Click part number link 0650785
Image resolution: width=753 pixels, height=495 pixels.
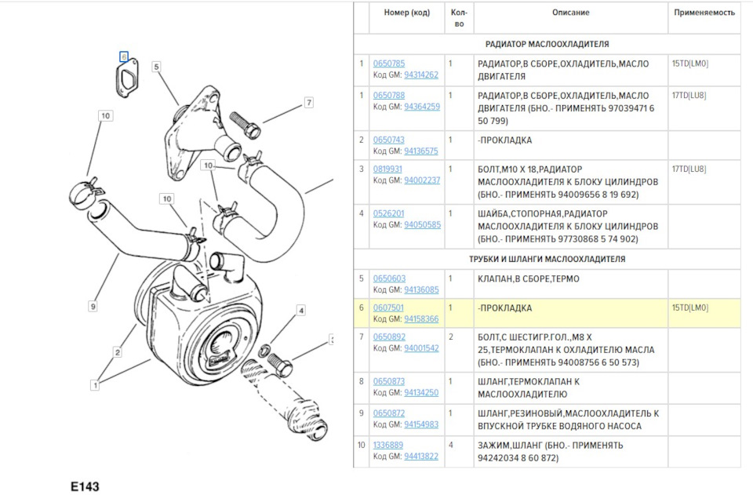click(x=389, y=64)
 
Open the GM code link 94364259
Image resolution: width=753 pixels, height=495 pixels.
click(x=422, y=107)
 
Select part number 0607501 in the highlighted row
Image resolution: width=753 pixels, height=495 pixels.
click(x=388, y=308)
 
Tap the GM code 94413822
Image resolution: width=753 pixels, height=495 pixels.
click(x=421, y=456)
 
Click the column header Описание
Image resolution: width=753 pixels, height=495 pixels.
click(x=570, y=13)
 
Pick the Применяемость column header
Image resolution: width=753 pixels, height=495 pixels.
click(x=704, y=13)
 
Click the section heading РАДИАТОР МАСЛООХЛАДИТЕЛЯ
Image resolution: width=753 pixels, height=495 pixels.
click(x=547, y=44)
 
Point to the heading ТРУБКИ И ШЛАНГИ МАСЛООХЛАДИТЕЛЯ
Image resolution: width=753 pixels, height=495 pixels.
click(x=547, y=259)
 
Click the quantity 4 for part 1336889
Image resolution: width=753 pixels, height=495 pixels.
click(x=450, y=445)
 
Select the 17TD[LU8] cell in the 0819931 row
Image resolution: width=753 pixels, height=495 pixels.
click(x=689, y=169)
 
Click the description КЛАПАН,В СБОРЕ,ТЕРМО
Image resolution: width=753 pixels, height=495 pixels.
click(x=528, y=279)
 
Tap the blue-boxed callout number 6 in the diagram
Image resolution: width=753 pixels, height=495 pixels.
click(x=124, y=56)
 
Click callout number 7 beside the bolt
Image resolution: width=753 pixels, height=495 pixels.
click(x=309, y=102)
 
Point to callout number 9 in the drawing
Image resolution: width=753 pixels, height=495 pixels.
click(x=93, y=306)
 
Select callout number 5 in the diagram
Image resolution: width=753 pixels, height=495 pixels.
click(x=156, y=67)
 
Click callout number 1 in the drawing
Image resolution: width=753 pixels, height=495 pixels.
click(x=95, y=384)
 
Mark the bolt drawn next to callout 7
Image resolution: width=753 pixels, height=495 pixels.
click(x=246, y=125)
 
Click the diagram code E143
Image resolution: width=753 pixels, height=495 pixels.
click(x=85, y=486)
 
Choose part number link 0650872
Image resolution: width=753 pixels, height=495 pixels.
click(x=389, y=413)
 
